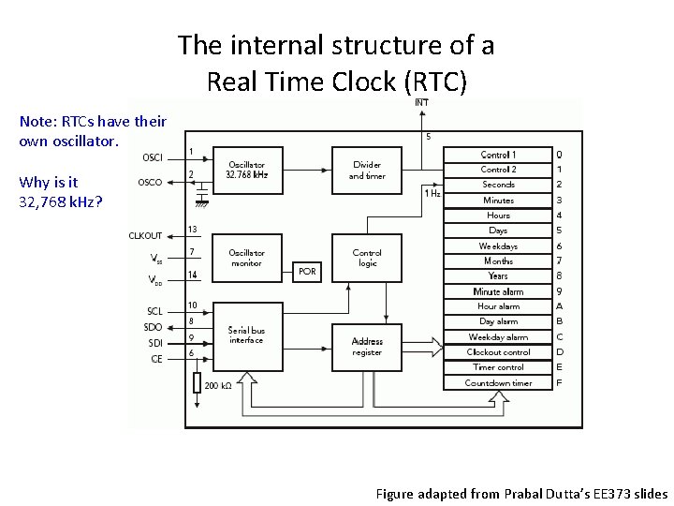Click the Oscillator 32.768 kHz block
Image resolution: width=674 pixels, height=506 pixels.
[x=246, y=170]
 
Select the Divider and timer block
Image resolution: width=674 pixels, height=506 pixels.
[x=367, y=170]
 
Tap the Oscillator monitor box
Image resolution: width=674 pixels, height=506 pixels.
[x=246, y=258]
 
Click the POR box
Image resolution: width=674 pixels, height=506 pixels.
[x=307, y=271]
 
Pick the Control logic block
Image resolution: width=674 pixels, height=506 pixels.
[x=367, y=258]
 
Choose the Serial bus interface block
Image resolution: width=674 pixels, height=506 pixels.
[x=246, y=335]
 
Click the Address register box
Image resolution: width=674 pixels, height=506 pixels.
[x=367, y=347]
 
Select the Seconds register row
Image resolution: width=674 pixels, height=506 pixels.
[x=498, y=185]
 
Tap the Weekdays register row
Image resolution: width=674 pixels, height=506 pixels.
[x=498, y=246]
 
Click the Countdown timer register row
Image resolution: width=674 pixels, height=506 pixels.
[x=498, y=382]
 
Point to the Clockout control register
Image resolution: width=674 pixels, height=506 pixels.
[x=498, y=352]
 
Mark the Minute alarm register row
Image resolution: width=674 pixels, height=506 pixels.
[x=498, y=291]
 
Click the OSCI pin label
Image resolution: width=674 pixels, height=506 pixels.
[x=152, y=156]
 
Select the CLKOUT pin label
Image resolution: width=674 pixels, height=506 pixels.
[x=145, y=236]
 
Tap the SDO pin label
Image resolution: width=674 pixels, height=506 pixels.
[x=154, y=327]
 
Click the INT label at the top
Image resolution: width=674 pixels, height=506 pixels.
[x=422, y=103]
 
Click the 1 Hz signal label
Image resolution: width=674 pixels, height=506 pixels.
[x=432, y=193]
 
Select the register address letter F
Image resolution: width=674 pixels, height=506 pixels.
[x=559, y=382]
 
